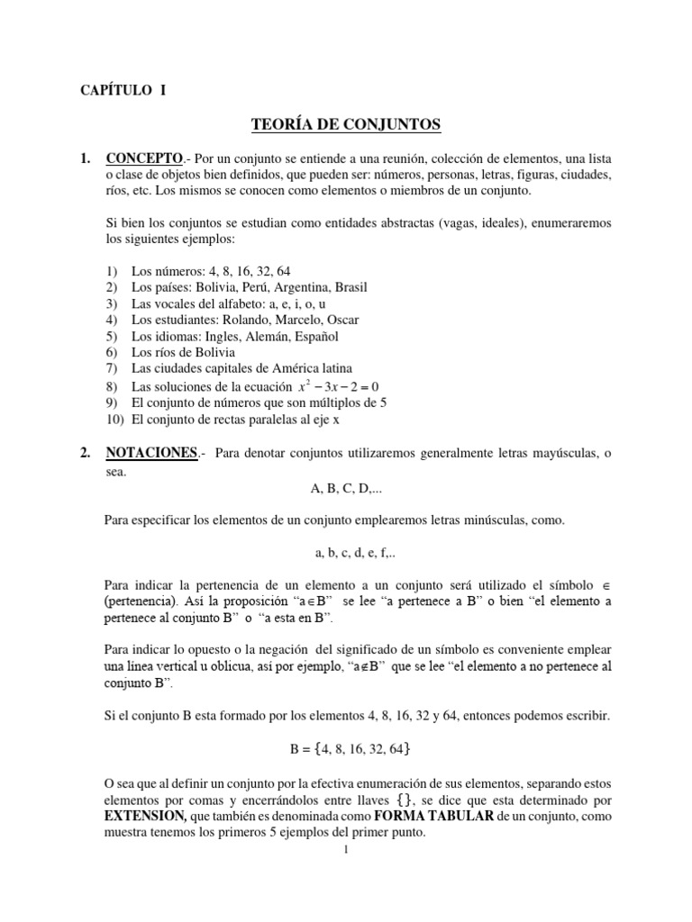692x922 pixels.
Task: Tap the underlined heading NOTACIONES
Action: pyautogui.click(x=150, y=454)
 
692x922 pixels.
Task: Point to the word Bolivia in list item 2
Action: pyautogui.click(x=222, y=287)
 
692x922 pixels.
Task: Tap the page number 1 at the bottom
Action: pyautogui.click(x=346, y=852)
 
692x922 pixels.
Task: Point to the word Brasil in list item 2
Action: pyautogui.click(x=348, y=287)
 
